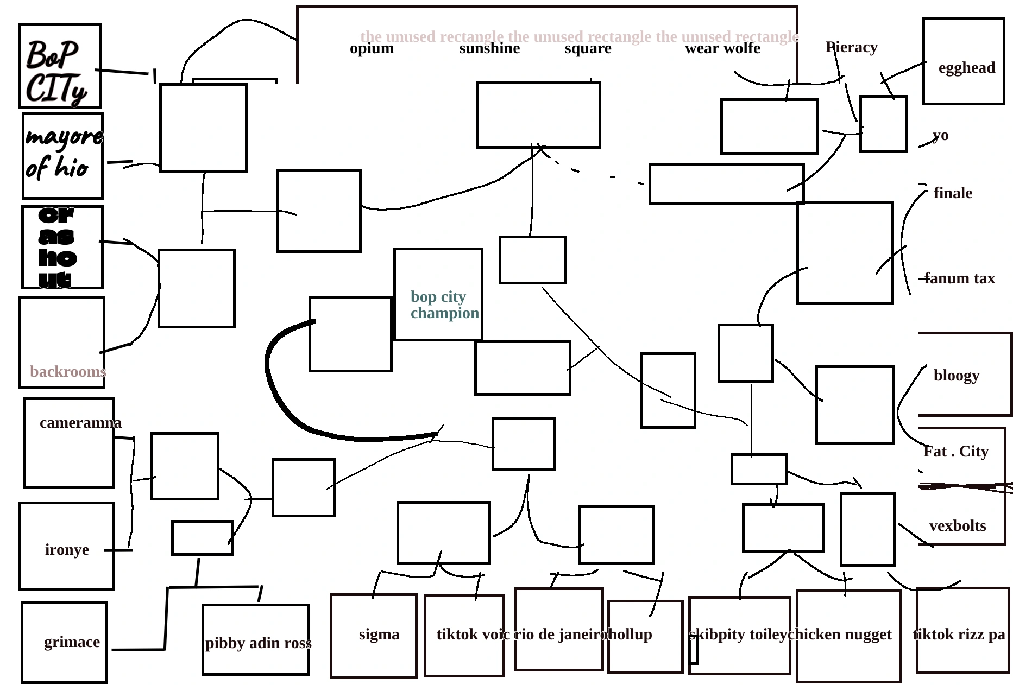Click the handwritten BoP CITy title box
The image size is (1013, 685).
coord(59,66)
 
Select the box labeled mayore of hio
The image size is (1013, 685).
coord(62,156)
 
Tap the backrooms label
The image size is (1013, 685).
coord(68,372)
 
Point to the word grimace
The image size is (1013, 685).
coord(72,642)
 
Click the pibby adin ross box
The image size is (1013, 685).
coord(255,639)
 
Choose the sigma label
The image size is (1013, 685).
coord(379,635)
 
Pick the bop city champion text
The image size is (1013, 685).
coord(444,305)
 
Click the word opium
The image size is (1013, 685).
coord(372,49)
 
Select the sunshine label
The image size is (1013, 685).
coord(489,49)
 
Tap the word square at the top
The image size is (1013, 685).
coord(588,49)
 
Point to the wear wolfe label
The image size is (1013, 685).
coord(722,49)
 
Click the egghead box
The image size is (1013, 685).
coord(964,61)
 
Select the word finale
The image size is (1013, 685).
coord(953,193)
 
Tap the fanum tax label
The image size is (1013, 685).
coord(960,278)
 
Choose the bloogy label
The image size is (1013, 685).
coord(957,376)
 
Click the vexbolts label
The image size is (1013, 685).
coord(958,526)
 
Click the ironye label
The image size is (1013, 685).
coord(67,550)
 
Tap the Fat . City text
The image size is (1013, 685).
coord(956,452)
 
